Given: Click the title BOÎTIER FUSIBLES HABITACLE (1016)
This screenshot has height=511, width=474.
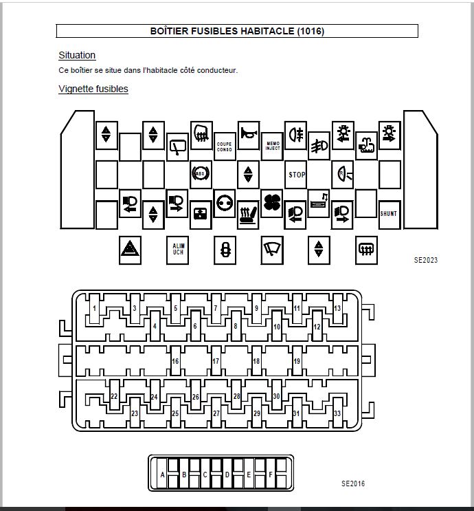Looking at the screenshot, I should click(x=237, y=31).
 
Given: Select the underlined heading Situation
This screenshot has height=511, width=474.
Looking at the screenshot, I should click(x=77, y=55).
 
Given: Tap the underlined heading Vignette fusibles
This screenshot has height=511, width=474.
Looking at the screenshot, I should click(x=93, y=89).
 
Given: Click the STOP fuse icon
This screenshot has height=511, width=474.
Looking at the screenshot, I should click(x=296, y=175).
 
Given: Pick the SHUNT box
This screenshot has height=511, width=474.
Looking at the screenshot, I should click(x=389, y=213).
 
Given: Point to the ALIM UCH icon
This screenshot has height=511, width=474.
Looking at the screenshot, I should click(x=178, y=250).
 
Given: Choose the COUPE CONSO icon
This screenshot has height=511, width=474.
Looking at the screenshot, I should click(x=225, y=146).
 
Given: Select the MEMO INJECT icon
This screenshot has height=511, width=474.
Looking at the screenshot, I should click(x=273, y=146).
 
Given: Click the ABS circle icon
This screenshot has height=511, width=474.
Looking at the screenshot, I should click(x=199, y=175).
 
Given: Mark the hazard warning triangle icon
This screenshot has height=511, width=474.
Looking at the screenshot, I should click(x=130, y=250).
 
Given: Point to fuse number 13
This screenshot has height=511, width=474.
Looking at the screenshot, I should click(x=337, y=309).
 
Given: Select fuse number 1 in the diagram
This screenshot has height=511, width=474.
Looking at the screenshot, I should click(x=94, y=309).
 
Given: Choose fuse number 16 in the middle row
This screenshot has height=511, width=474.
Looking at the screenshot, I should click(x=175, y=361).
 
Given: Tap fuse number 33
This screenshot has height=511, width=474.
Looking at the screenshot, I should click(x=337, y=413).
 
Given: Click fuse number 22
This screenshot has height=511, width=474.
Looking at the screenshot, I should click(x=114, y=397).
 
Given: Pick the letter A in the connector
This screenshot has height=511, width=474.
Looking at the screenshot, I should click(x=163, y=475).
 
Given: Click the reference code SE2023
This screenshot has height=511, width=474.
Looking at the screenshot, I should click(x=426, y=261).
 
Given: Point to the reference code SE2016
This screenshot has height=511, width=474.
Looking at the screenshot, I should click(x=353, y=483).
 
